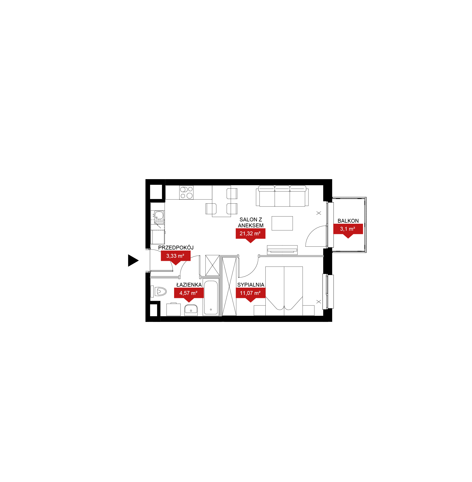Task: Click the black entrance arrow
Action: click(133, 260)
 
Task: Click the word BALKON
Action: click(348, 221)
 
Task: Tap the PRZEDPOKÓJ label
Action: click(176, 247)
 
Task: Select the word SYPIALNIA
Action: click(251, 285)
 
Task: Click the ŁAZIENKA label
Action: click(189, 285)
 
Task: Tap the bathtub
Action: click(211, 297)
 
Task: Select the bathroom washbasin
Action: click(191, 310)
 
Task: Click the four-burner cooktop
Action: click(186, 193)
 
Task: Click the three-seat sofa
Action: click(282, 196)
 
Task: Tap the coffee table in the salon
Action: click(282, 223)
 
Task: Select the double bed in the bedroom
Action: click(284, 291)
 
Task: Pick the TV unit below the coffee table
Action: click(282, 250)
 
